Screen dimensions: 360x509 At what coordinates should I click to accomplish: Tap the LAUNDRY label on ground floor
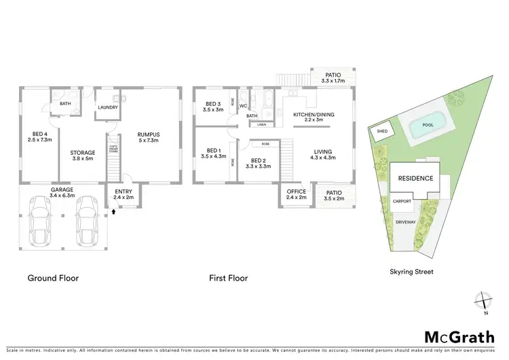point(109,107)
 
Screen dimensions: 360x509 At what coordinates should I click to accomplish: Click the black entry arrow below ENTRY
point(114,212)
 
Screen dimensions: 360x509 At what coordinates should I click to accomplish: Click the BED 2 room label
point(259,162)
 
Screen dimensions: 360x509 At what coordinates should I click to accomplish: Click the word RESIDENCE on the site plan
point(415,179)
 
